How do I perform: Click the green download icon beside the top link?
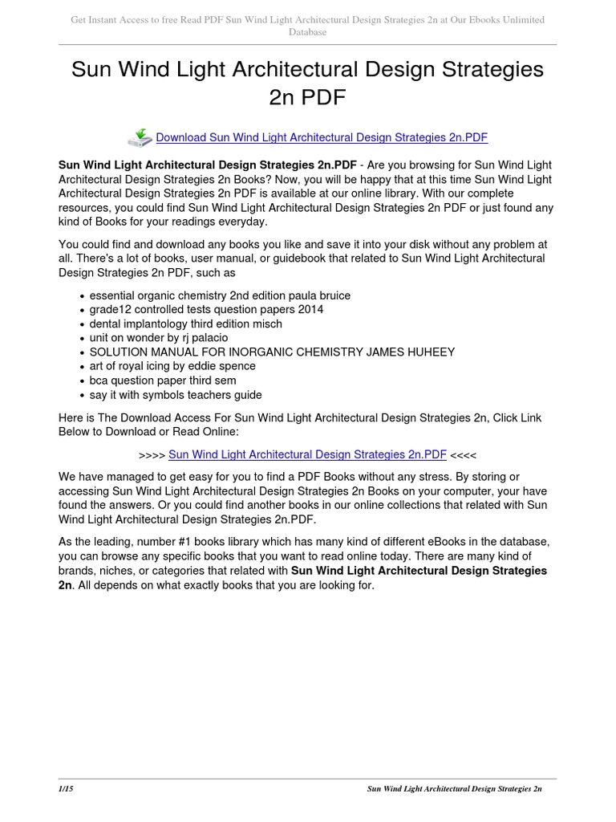[x=140, y=137]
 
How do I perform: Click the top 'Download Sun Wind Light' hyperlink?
[x=321, y=137]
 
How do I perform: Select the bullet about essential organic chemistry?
[x=220, y=295]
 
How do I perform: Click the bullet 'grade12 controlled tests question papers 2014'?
[x=206, y=309]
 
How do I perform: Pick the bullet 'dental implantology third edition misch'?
[x=185, y=324]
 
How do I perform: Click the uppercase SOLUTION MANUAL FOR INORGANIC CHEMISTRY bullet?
[x=272, y=352]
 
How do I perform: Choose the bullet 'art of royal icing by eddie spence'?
[x=172, y=366]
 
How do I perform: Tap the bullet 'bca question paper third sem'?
[x=164, y=380]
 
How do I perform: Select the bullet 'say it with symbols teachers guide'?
[x=176, y=395]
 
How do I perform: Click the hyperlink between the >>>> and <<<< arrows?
[x=307, y=454]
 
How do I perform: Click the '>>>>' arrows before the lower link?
[x=152, y=454]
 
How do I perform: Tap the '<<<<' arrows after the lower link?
[x=464, y=454]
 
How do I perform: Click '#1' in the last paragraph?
[x=186, y=542]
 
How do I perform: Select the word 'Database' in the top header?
[x=307, y=32]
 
